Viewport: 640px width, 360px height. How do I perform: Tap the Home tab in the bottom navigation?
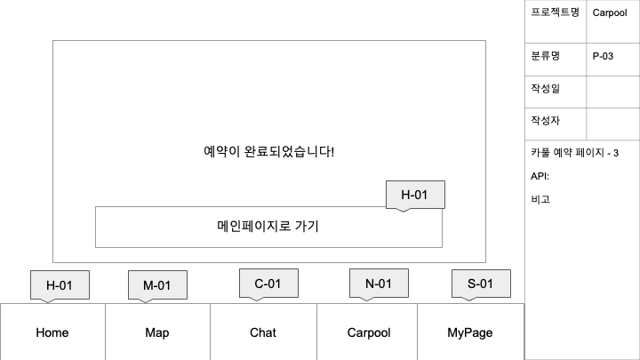coord(52,332)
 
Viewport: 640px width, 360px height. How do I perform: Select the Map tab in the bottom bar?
coord(157,332)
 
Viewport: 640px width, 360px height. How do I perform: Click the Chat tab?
coord(263,332)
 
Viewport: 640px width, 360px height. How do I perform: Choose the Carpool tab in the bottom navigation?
coord(368,332)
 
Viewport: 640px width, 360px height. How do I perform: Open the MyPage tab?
coord(470,332)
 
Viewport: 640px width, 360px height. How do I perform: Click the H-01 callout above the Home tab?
coord(60,284)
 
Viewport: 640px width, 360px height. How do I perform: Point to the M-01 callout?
coord(157,284)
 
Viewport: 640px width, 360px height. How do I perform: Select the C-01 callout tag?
coord(268,283)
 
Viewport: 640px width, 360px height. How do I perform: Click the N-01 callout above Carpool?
coord(379,283)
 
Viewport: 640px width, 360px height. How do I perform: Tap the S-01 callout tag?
coord(481,283)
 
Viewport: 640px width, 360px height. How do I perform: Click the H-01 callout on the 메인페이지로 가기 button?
coord(415,195)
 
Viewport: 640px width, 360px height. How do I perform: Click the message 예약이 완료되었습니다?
coord(268,151)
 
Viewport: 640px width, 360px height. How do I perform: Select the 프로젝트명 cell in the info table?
coord(555,12)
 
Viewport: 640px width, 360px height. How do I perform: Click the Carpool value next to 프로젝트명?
coord(610,12)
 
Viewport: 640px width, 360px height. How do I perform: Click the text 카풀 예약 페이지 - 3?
coord(574,154)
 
